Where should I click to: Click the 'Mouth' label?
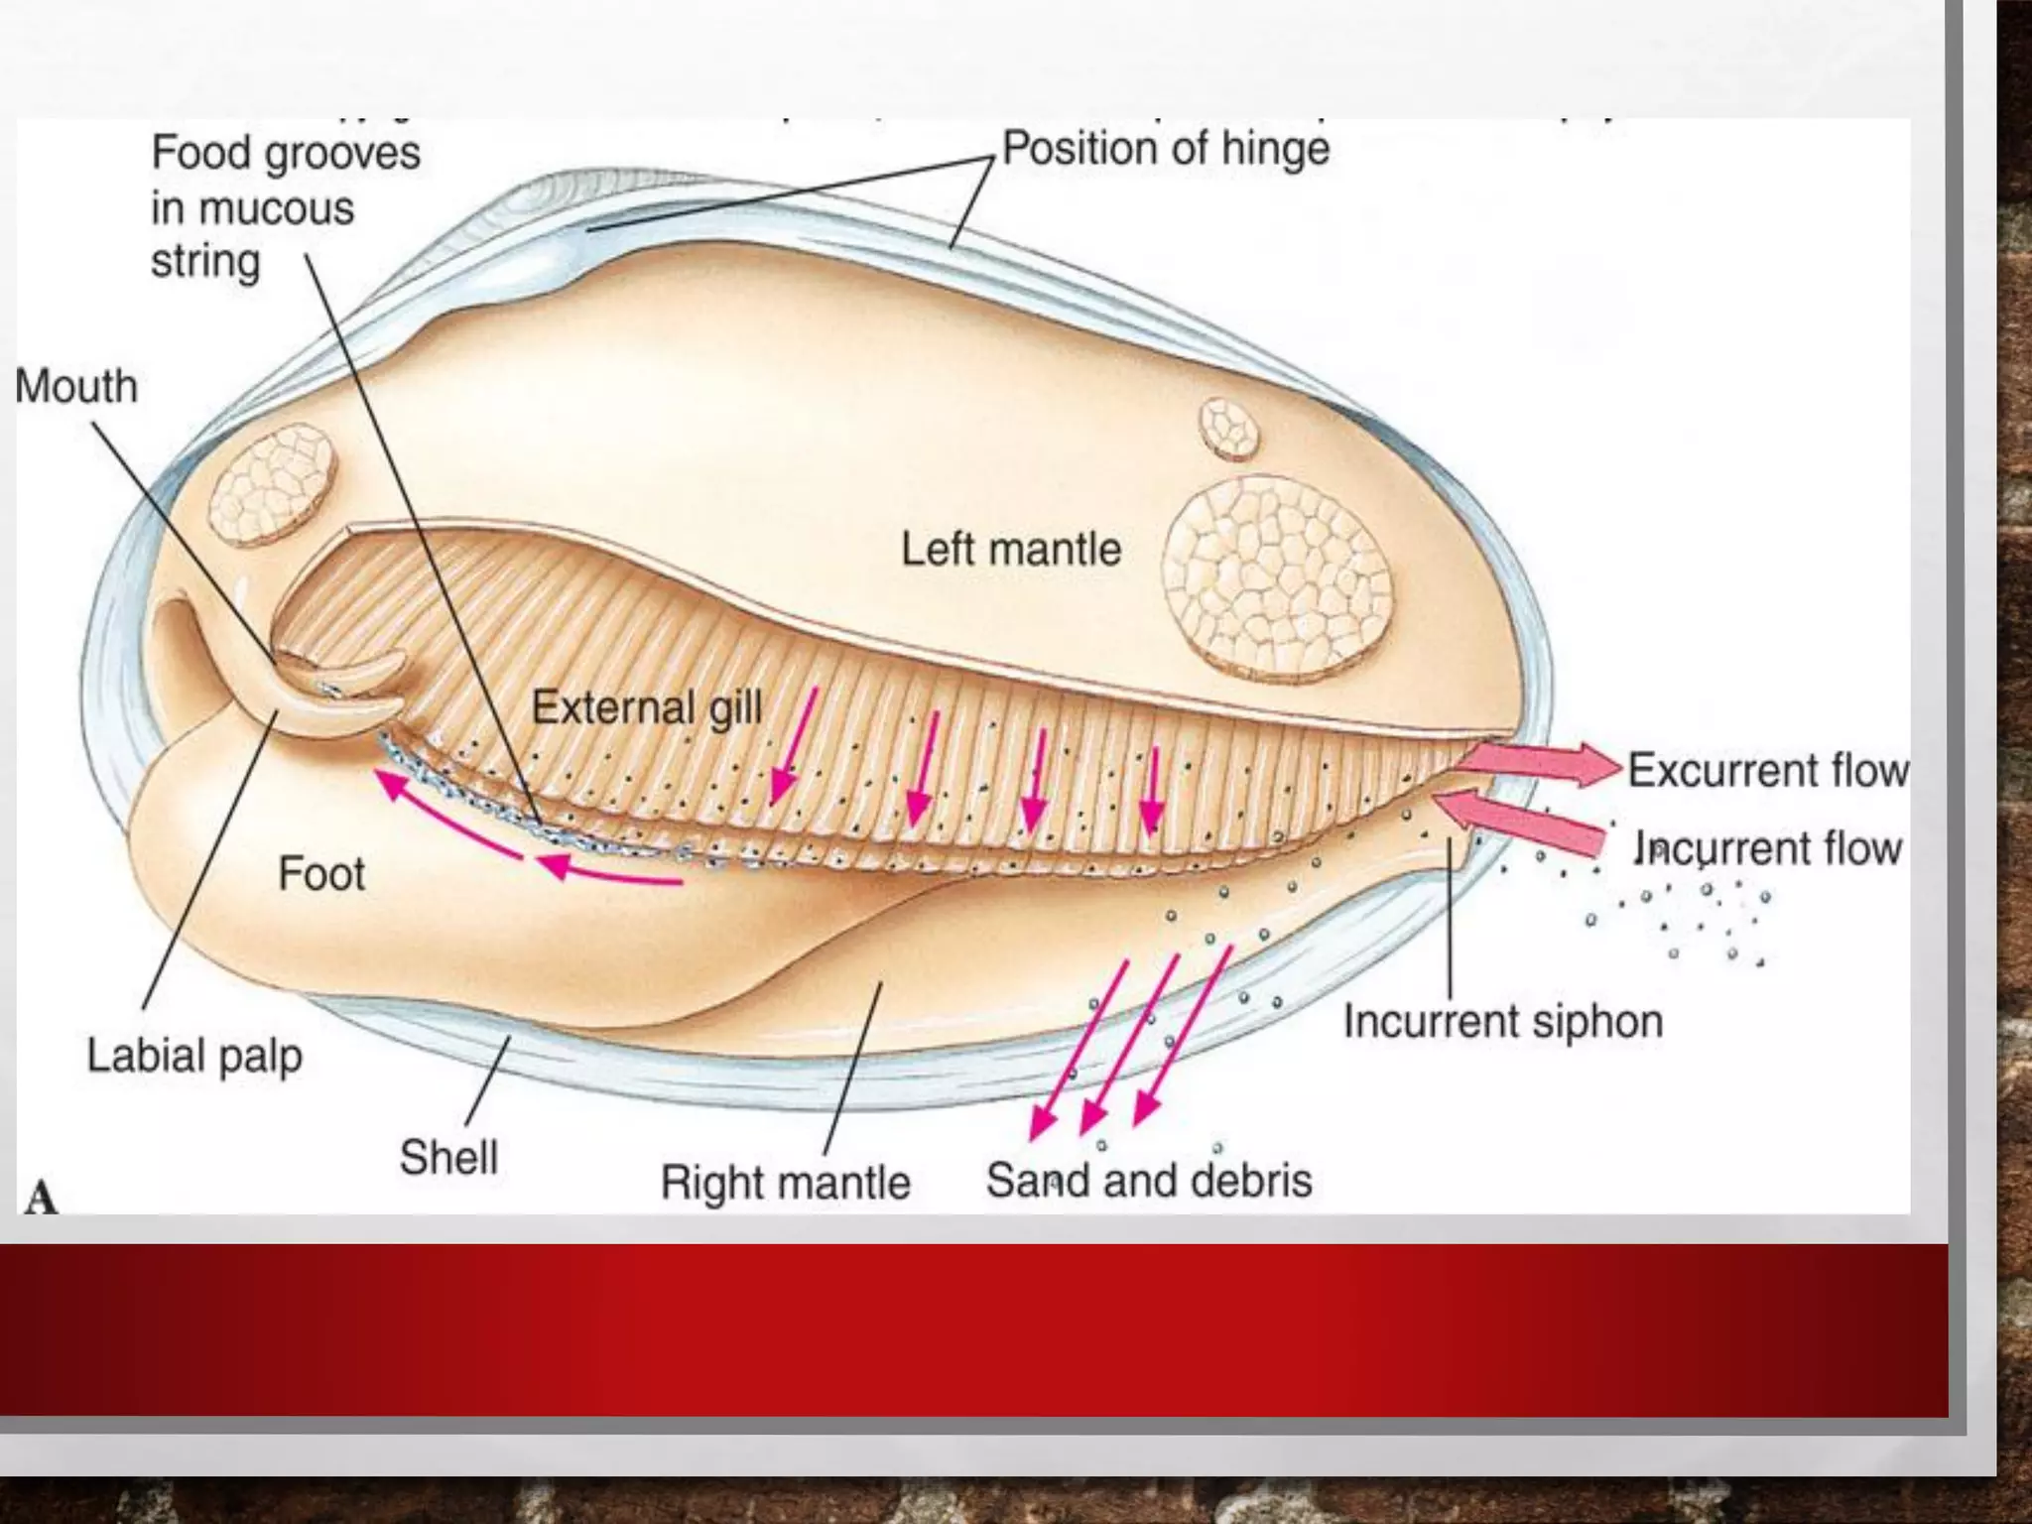click(76, 387)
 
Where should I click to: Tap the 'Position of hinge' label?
click(1166, 150)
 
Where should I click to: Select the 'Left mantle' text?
click(1010, 549)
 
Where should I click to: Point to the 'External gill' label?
click(647, 708)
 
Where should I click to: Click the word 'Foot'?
click(321, 874)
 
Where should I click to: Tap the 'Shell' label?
click(448, 1158)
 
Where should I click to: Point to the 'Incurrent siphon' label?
click(1502, 1022)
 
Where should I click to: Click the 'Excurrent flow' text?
click(1767, 771)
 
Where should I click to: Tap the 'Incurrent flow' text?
click(1767, 849)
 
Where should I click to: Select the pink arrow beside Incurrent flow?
click(1518, 819)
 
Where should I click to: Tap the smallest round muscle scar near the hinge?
click(1228, 429)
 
